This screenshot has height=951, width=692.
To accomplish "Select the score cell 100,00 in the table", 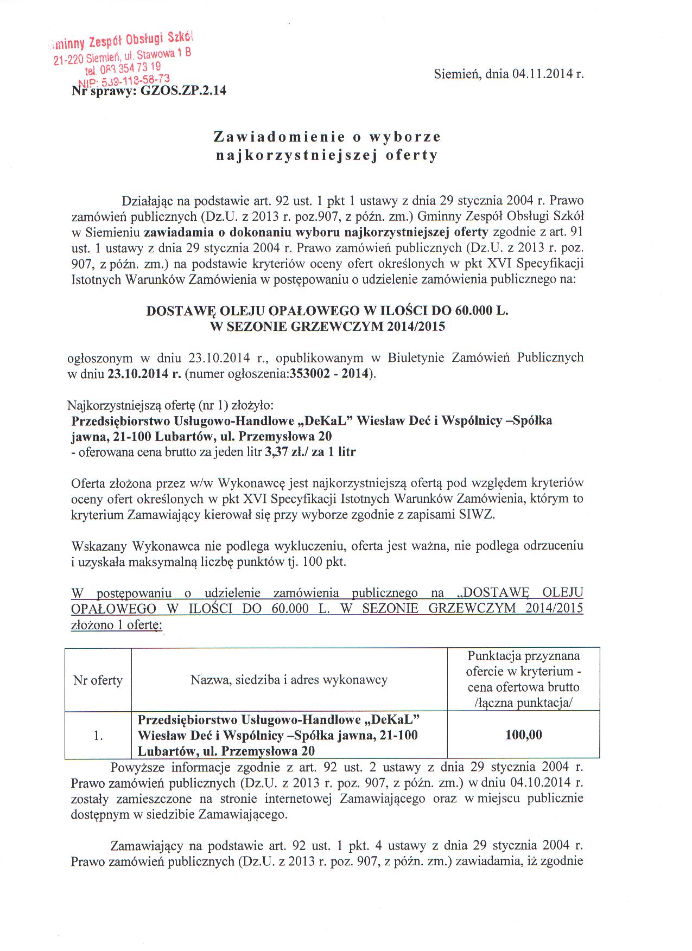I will click(523, 735).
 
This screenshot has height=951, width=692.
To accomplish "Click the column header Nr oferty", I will click(98, 680).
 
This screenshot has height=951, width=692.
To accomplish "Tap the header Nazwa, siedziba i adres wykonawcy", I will click(289, 680).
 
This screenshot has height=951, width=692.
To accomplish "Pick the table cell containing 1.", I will click(98, 736).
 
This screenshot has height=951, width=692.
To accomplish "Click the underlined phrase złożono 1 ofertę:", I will click(117, 624).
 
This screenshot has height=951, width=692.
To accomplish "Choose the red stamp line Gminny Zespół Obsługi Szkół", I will click(120, 41).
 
